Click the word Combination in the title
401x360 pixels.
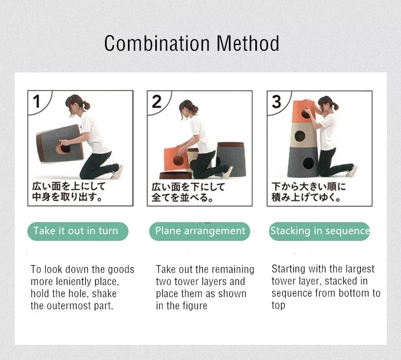[x=157, y=44]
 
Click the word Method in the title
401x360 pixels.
[x=248, y=44]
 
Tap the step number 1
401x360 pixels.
[x=37, y=101]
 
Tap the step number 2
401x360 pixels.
[x=156, y=102]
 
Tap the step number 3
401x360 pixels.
[x=277, y=102]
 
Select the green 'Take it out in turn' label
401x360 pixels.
[x=78, y=231]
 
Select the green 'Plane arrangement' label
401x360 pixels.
[x=199, y=231]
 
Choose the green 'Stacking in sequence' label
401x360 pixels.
[x=319, y=231]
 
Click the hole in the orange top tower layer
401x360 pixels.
[x=306, y=113]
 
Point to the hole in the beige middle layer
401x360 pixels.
[x=299, y=136]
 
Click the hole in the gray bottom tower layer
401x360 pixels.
[x=308, y=163]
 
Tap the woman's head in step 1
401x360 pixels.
[x=75, y=104]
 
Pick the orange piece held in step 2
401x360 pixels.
[x=174, y=159]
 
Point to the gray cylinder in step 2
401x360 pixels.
[x=231, y=159]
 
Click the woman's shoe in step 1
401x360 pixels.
[x=117, y=172]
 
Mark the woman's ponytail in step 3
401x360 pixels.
[x=336, y=105]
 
